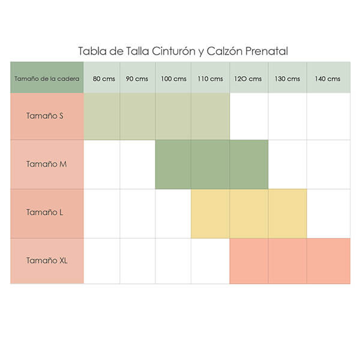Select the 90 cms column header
pyautogui.click(x=137, y=79)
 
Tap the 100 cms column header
pyautogui.click(x=173, y=79)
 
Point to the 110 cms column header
pyautogui.click(x=210, y=79)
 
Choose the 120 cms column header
pyautogui.click(x=248, y=79)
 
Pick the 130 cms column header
pyautogui.click(x=287, y=79)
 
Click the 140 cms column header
pyautogui.click(x=328, y=79)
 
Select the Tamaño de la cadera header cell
pyautogui.click(x=46, y=79)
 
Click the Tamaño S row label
pyautogui.click(x=46, y=116)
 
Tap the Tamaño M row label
pyautogui.click(x=46, y=164)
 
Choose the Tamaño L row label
pyautogui.click(x=46, y=212)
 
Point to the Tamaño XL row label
pyautogui.click(x=46, y=260)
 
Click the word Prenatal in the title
pyautogui.click(x=262, y=51)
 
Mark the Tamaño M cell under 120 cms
pyautogui.click(x=248, y=164)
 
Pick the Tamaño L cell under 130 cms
pyautogui.click(x=287, y=213)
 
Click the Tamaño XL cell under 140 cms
pyautogui.click(x=328, y=260)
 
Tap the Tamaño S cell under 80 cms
pyautogui.click(x=101, y=116)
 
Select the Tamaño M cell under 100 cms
pyautogui.click(x=173, y=164)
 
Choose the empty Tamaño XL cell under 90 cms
pyautogui.click(x=137, y=260)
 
